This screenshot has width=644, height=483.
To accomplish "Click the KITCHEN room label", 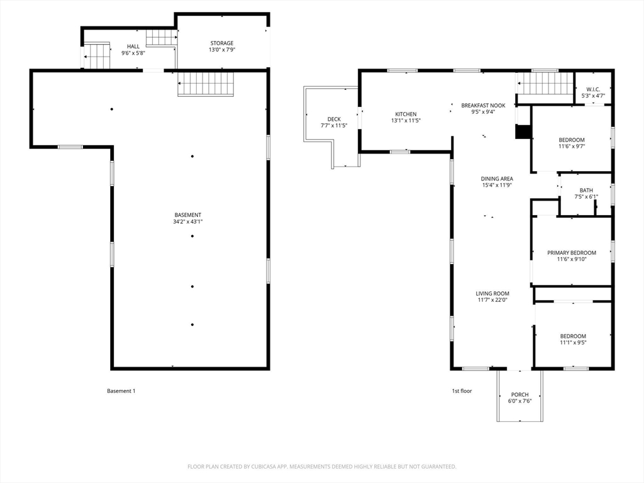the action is [406, 114].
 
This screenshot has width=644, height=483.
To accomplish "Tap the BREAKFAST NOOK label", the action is [483, 106].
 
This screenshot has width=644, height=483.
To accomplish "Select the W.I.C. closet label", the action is [593, 89].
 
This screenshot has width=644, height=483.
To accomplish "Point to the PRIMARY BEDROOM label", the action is [571, 253].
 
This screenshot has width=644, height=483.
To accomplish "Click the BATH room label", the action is [586, 191].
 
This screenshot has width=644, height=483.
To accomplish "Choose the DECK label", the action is [334, 119].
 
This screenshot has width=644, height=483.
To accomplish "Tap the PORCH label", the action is [519, 395].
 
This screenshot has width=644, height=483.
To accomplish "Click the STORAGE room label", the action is [222, 43].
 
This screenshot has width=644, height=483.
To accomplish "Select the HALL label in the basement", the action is [133, 47].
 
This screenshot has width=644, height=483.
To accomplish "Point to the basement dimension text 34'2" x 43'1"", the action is [188, 222].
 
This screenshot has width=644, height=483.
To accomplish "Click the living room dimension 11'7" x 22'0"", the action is [493, 300].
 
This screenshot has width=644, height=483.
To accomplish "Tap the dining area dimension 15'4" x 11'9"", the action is [497, 186].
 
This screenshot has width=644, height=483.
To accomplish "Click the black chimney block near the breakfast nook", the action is [523, 131].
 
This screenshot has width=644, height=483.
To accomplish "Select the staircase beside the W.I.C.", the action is [545, 84].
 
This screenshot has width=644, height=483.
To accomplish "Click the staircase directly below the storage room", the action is [206, 84].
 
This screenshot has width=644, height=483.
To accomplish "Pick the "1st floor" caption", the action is [462, 391].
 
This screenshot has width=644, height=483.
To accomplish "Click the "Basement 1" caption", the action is [121, 391].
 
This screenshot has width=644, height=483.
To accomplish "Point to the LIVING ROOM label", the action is [492, 294].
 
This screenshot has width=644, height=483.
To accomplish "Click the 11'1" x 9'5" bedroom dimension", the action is [573, 343].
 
